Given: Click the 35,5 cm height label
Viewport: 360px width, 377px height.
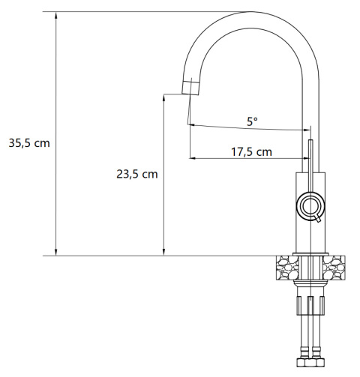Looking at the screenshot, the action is tap(29, 143).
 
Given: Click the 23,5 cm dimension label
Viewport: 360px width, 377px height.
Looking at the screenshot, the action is tap(137, 174).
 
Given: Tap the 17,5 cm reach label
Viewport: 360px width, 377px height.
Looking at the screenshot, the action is tap(251, 152).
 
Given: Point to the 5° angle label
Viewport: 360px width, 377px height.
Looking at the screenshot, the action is tap(252, 121).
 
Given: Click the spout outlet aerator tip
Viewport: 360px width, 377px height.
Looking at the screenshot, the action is tap(190, 88).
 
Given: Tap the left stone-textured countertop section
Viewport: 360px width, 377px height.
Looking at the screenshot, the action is tap(288, 268).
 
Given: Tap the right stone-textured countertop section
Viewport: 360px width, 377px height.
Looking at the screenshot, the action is tap(334, 268).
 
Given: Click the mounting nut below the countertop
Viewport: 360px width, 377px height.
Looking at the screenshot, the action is tap(310, 305).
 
